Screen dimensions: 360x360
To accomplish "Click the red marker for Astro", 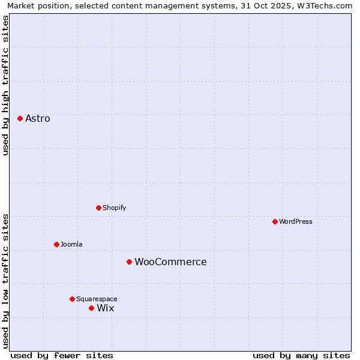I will click(x=20, y=118).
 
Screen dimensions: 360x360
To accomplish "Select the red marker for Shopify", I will click(x=98, y=208).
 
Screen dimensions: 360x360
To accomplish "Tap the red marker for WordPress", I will click(x=275, y=221).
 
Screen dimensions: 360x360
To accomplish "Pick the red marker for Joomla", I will click(x=56, y=244).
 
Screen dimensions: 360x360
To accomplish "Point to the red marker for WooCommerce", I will click(x=129, y=262).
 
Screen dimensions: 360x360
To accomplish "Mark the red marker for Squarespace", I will click(x=72, y=299).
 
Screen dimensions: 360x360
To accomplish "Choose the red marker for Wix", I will click(x=91, y=308).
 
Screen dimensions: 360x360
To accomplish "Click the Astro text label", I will click(x=38, y=118).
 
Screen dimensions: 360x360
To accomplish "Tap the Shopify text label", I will click(x=114, y=208).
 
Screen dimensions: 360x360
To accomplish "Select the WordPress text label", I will click(x=296, y=221).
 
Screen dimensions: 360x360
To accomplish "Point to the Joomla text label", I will click(x=71, y=244).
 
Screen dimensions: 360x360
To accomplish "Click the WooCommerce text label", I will click(x=170, y=262).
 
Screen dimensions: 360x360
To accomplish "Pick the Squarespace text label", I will click(x=97, y=299).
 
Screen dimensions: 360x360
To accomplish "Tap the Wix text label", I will click(x=106, y=308).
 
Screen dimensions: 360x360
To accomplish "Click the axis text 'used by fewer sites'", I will click(x=62, y=355).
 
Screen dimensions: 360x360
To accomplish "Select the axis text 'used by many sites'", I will click(x=301, y=355).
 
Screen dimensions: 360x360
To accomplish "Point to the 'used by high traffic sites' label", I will click(x=6, y=85).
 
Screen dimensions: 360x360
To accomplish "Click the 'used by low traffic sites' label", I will click(x=6, y=281).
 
